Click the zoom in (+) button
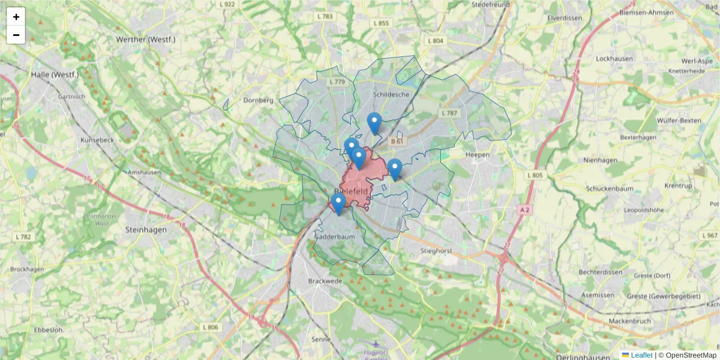click(16, 17)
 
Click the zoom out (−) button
click(16, 35)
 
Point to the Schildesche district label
click(391, 94)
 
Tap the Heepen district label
click(478, 155)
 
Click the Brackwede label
click(324, 281)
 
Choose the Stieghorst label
click(436, 250)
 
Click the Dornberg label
click(258, 100)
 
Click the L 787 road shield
click(449, 113)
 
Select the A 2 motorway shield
click(524, 209)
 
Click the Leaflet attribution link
click(641, 355)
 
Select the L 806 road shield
click(211, 327)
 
